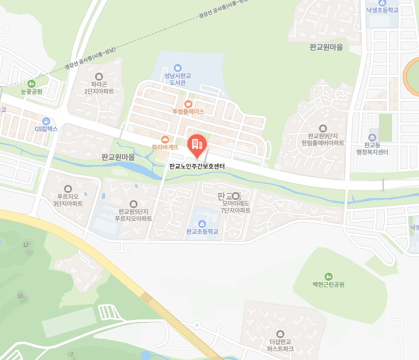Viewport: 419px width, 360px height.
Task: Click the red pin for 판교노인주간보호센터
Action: [x=197, y=145]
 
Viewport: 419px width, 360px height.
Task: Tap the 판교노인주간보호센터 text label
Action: [x=197, y=166]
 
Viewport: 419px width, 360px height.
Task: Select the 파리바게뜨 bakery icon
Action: [x=165, y=139]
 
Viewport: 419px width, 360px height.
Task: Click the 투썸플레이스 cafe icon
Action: [x=188, y=103]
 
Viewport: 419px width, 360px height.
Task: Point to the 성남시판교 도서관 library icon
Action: [x=177, y=68]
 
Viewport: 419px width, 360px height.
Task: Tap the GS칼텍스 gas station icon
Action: [x=46, y=121]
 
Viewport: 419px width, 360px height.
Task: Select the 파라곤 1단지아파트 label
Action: [x=99, y=88]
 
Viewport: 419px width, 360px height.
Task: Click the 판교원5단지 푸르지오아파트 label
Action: [x=134, y=215]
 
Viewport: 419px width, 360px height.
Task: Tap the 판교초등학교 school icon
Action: [x=202, y=223]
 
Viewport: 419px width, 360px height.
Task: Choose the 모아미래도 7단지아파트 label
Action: [x=236, y=207]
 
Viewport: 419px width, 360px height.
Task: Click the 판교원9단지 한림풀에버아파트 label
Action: [x=323, y=139]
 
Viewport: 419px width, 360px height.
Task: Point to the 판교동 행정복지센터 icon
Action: [x=372, y=138]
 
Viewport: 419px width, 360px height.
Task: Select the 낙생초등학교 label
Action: [x=382, y=10]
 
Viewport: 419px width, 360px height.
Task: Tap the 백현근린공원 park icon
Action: [x=329, y=277]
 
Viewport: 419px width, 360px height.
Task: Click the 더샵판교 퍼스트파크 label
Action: [x=281, y=345]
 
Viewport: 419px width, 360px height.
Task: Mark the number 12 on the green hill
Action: [x=26, y=245]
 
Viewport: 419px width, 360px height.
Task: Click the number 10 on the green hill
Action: [x=21, y=296]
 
